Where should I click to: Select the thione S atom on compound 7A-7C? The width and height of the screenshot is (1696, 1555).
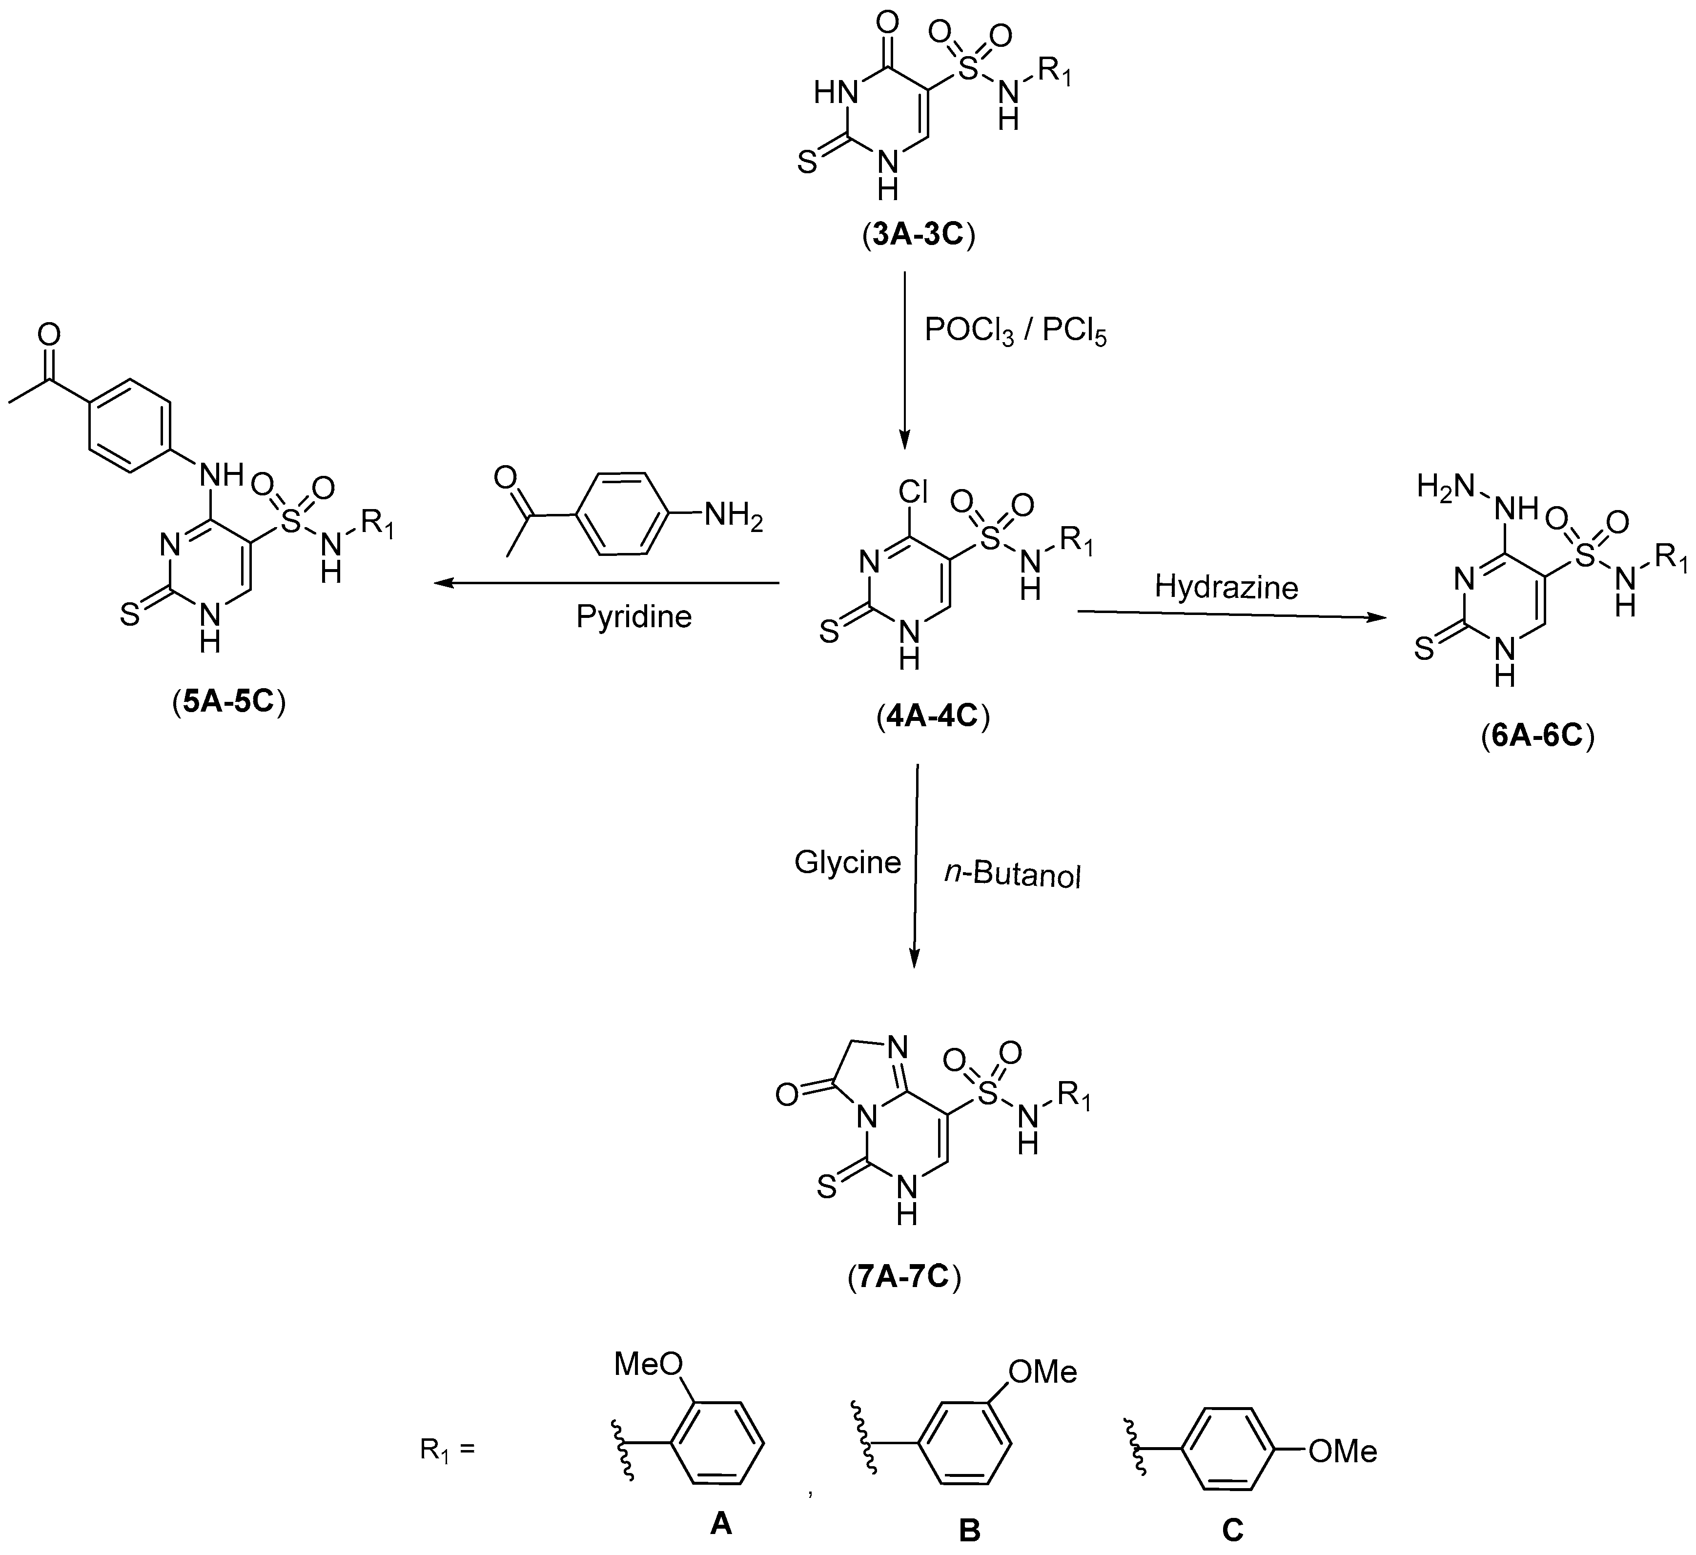click(x=827, y=1187)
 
